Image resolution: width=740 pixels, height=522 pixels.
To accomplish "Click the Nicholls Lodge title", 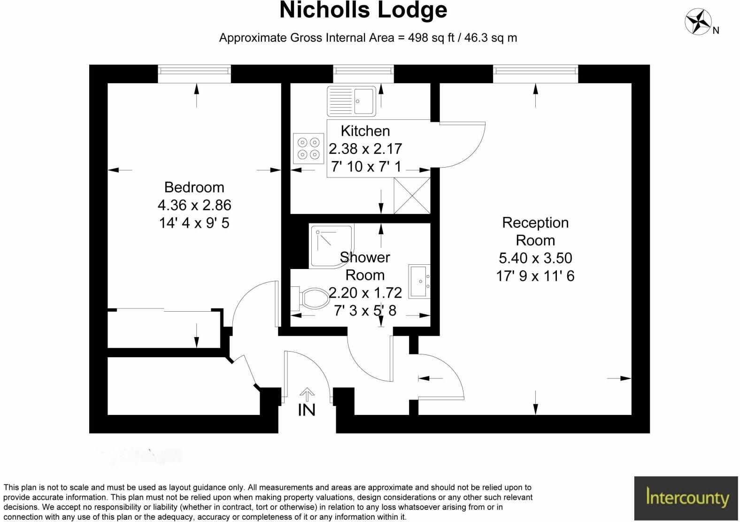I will (x=363, y=10).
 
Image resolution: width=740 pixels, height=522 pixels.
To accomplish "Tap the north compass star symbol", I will (x=698, y=22).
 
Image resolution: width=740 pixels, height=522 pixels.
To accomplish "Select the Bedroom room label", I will (x=194, y=187).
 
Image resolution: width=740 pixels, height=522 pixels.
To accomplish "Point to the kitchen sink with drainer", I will (x=351, y=101).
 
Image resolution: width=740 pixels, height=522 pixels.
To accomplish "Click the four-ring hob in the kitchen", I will (x=308, y=148).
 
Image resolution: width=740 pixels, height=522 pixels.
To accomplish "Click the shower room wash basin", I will (x=418, y=281).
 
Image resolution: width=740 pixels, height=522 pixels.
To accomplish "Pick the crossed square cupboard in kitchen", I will (x=412, y=195).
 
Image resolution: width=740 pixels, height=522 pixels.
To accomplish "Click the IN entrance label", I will (x=307, y=410).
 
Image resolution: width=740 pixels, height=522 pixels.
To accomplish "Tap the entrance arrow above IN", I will (x=307, y=394).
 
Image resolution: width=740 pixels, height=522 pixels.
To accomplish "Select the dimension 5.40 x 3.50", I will (x=535, y=258).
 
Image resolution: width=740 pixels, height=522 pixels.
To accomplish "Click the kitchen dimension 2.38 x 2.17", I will (x=365, y=149).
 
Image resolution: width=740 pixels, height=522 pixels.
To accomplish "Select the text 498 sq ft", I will (x=431, y=38).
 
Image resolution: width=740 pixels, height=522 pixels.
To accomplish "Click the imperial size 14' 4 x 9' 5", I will (x=194, y=223).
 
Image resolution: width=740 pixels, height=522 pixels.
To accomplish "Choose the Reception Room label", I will (x=535, y=231).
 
